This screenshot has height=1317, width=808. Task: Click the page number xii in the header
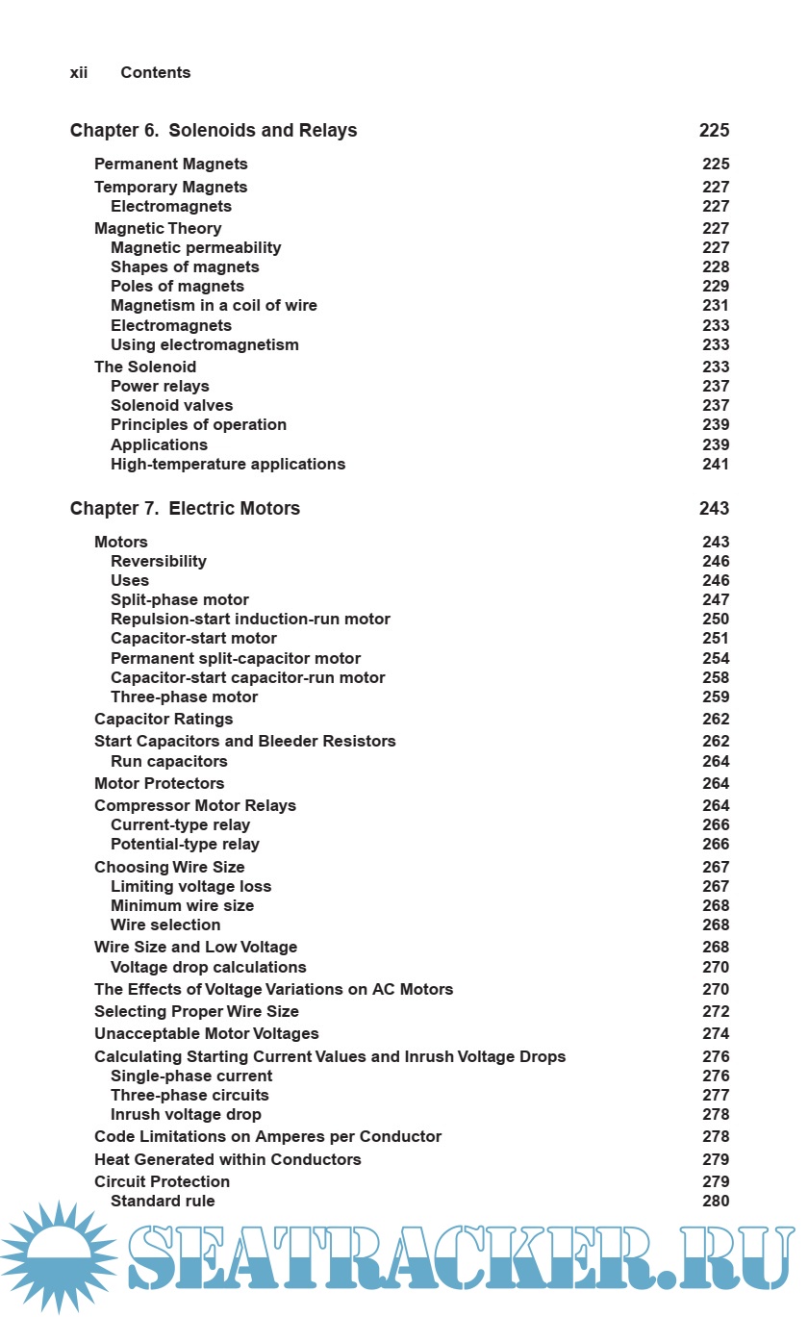click(79, 73)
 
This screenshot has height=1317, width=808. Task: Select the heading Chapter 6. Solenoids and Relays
click(214, 131)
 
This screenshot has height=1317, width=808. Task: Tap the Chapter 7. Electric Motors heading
click(185, 509)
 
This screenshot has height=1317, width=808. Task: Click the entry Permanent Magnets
click(171, 165)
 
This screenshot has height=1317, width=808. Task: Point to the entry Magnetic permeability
click(196, 248)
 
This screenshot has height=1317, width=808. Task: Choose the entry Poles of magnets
click(177, 287)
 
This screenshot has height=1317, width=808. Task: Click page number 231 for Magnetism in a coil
click(716, 306)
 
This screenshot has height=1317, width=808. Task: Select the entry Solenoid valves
click(171, 406)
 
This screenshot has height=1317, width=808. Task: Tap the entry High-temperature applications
click(228, 465)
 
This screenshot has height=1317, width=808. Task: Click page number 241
click(716, 465)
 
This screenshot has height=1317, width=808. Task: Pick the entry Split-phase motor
click(180, 600)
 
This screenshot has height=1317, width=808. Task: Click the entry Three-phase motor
click(184, 697)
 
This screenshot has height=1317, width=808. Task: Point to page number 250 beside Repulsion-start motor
click(716, 620)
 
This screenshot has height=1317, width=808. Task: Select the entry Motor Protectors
click(160, 784)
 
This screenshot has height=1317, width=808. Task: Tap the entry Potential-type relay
click(185, 845)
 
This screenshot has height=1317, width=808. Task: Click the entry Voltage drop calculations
click(209, 968)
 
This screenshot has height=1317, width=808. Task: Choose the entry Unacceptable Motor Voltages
click(207, 1034)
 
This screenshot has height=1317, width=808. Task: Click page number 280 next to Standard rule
click(716, 1202)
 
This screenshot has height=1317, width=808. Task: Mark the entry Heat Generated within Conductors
click(228, 1160)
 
